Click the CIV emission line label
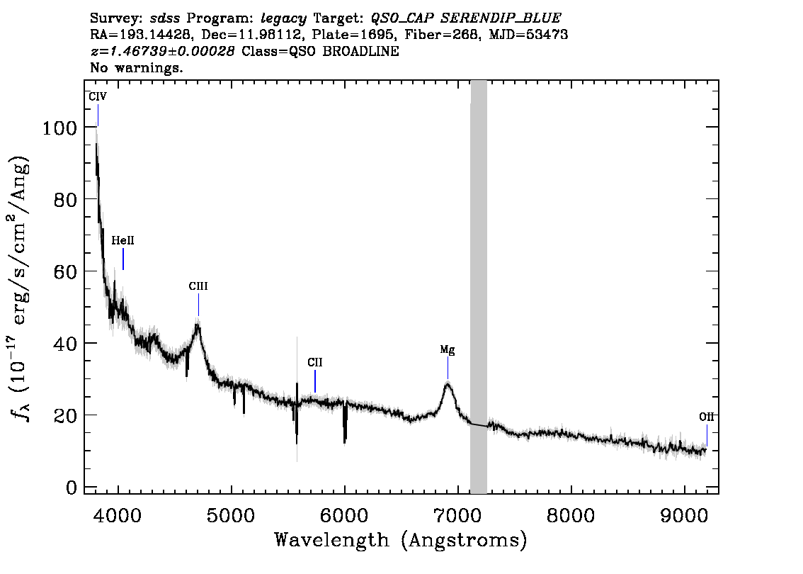pyautogui.click(x=98, y=96)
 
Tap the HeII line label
pyautogui.click(x=123, y=240)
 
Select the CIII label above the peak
pyautogui.click(x=198, y=286)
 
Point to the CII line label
pyautogui.click(x=315, y=362)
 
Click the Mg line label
pyautogui.click(x=448, y=350)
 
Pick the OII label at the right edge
pyautogui.click(x=707, y=417)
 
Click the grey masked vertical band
pyautogui.click(x=479, y=287)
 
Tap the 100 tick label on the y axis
pyautogui.click(x=59, y=128)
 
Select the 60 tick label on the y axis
pyautogui.click(x=66, y=271)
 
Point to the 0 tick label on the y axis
pyautogui.click(x=72, y=487)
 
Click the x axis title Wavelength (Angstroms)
pyautogui.click(x=401, y=540)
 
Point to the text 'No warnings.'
pyautogui.click(x=136, y=67)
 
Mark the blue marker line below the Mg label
pyautogui.click(x=448, y=368)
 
